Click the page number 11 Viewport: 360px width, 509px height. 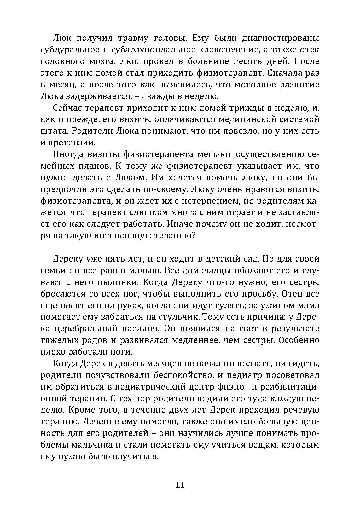pyautogui.click(x=180, y=485)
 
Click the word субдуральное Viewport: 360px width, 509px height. pyautogui.click(x=69, y=50)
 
